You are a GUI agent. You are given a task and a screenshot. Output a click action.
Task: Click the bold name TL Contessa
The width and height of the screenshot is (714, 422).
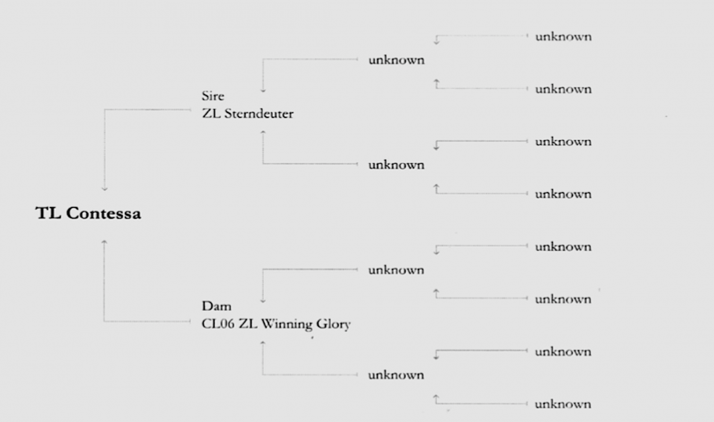tap(88, 214)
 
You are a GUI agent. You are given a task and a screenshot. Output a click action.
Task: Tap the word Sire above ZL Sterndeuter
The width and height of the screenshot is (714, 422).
tap(213, 96)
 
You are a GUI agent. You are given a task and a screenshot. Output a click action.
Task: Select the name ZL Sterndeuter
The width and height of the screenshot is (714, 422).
tap(248, 114)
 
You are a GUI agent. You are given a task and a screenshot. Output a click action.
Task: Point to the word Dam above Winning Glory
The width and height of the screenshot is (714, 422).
tap(216, 306)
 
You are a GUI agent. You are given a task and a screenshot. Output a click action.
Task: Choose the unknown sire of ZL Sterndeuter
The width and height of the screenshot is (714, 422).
tap(396, 60)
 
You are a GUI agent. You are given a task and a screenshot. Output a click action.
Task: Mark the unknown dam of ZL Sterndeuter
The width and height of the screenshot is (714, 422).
tap(396, 165)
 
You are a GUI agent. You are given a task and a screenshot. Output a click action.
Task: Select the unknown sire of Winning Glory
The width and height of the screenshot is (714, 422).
tap(396, 270)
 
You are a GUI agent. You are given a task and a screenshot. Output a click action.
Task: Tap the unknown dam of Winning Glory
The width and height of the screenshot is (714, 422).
tap(396, 375)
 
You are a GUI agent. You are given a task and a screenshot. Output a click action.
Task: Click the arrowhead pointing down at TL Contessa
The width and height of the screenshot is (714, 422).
tap(104, 189)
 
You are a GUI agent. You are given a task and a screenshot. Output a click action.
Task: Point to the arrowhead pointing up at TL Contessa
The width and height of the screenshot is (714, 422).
tap(104, 242)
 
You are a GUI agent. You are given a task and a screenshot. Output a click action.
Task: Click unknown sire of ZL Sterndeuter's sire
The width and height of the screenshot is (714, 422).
tap(563, 36)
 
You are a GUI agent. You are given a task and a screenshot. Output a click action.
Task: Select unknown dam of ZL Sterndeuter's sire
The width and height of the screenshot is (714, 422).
tap(563, 89)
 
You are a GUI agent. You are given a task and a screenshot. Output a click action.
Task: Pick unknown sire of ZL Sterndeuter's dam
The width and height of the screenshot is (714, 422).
tap(563, 142)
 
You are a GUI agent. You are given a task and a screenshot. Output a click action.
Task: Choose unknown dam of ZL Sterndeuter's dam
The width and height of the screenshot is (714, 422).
tap(563, 194)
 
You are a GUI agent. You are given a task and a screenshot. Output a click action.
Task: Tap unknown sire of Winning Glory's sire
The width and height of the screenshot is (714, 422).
tap(563, 247)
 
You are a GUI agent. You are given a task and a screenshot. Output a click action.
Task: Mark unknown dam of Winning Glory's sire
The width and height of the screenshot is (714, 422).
tap(563, 299)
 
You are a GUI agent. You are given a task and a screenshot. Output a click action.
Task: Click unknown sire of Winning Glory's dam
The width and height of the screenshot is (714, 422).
tap(563, 352)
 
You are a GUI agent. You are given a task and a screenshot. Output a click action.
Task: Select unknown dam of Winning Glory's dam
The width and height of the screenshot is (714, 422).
tap(563, 404)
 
